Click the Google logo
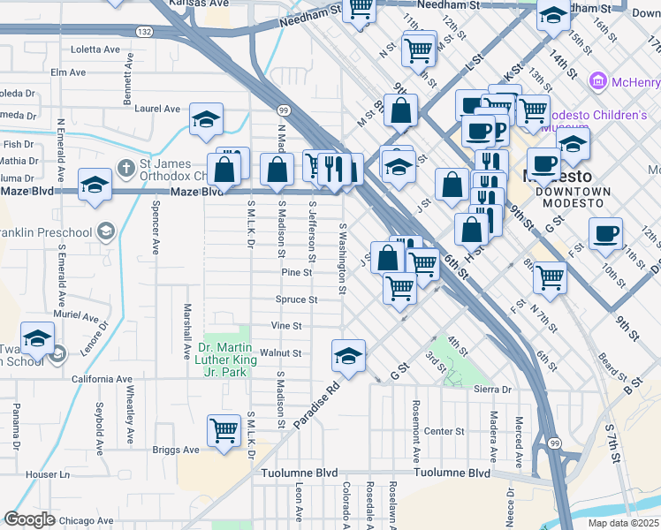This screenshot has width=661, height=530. (29, 519)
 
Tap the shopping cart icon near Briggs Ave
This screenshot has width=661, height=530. (224, 431)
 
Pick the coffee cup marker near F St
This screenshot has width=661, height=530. (605, 233)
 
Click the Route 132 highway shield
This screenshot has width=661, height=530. (145, 31)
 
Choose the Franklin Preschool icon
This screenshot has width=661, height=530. (105, 232)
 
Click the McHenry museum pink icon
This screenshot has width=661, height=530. (597, 82)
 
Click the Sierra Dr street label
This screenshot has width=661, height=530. (494, 389)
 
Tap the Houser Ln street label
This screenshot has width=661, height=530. (48, 474)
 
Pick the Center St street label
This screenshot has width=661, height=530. (444, 431)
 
